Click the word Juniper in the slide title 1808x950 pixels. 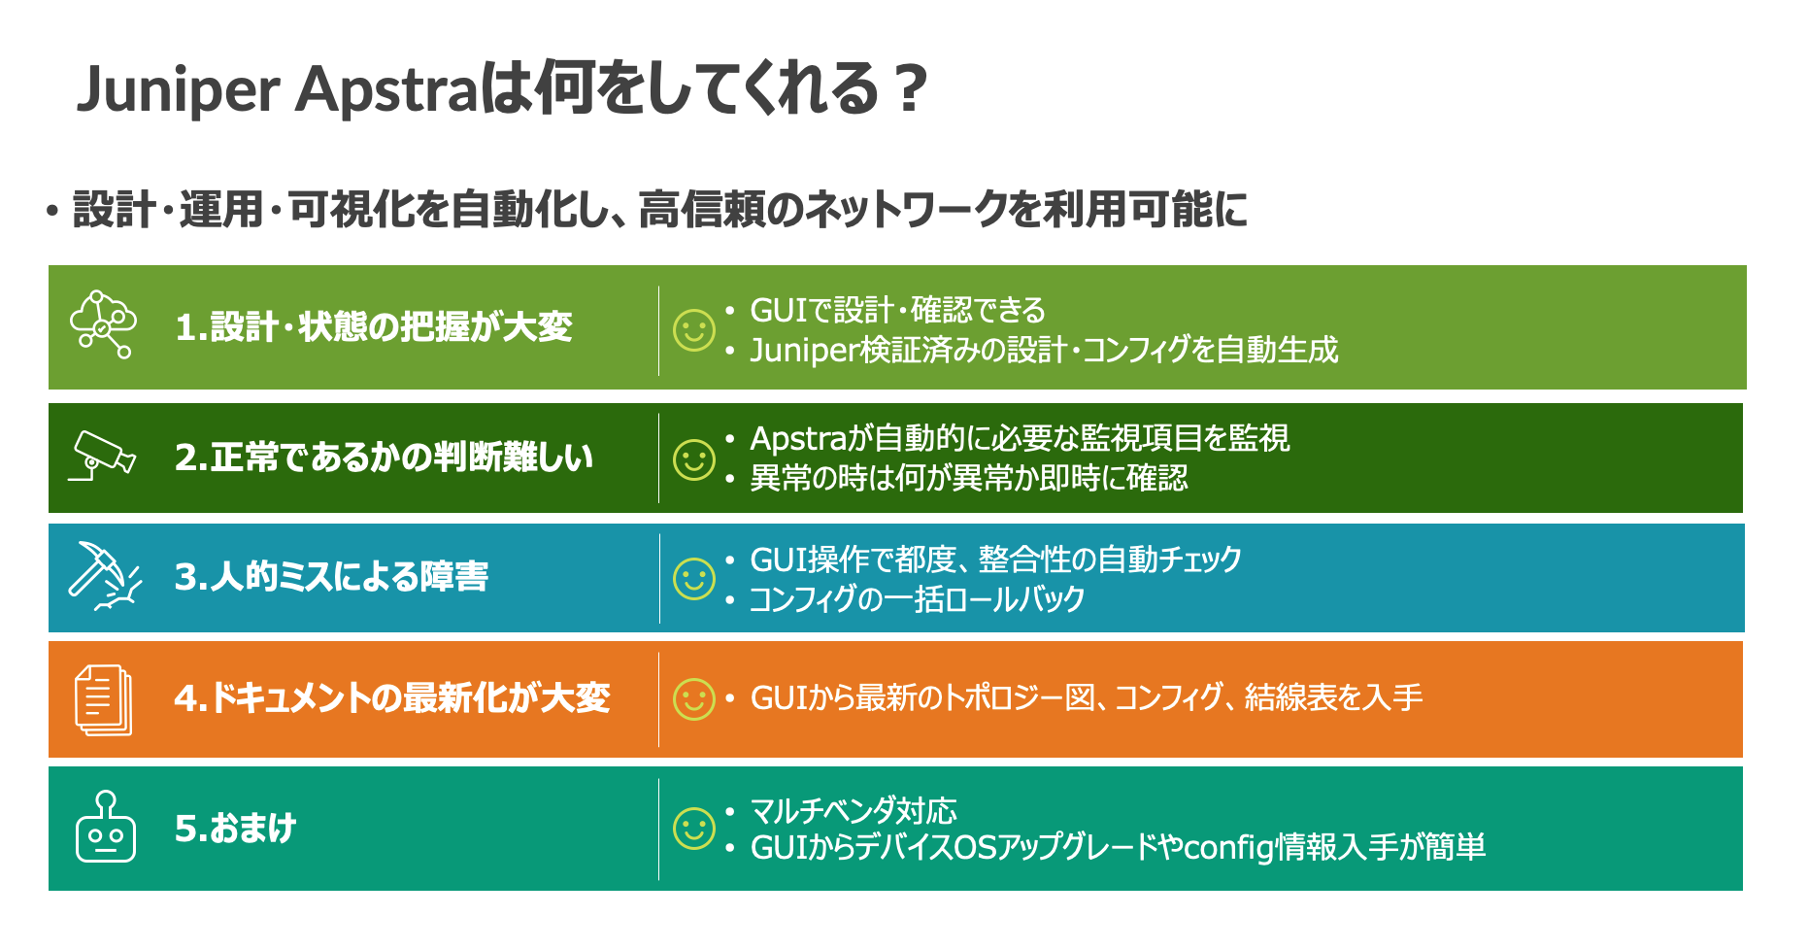pyautogui.click(x=179, y=90)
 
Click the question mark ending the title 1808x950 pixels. pyautogui.click(x=911, y=89)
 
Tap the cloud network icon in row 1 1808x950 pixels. pyautogui.click(x=103, y=324)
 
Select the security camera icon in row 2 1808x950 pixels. pyautogui.click(x=101, y=456)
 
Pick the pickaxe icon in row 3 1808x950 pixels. pyautogui.click(x=104, y=576)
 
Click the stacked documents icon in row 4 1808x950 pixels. pyautogui.click(x=103, y=699)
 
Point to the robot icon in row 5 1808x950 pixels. pyautogui.click(x=105, y=827)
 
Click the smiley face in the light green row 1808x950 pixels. pyautogui.click(x=694, y=330)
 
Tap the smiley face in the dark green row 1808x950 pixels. pyautogui.click(x=694, y=459)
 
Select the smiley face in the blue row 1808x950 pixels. pyautogui.click(x=694, y=579)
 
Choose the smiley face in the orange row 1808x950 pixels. pyautogui.click(x=694, y=699)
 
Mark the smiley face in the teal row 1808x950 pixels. pyautogui.click(x=694, y=829)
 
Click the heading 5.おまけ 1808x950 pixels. pyautogui.click(x=235, y=829)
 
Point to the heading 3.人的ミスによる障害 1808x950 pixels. pyautogui.click(x=331, y=577)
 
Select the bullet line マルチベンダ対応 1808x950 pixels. pyautogui.click(x=854, y=810)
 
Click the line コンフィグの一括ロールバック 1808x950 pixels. pyautogui.click(x=917, y=599)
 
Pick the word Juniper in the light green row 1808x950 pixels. pyautogui.click(x=805, y=350)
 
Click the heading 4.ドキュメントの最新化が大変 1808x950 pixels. pyautogui.click(x=392, y=698)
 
